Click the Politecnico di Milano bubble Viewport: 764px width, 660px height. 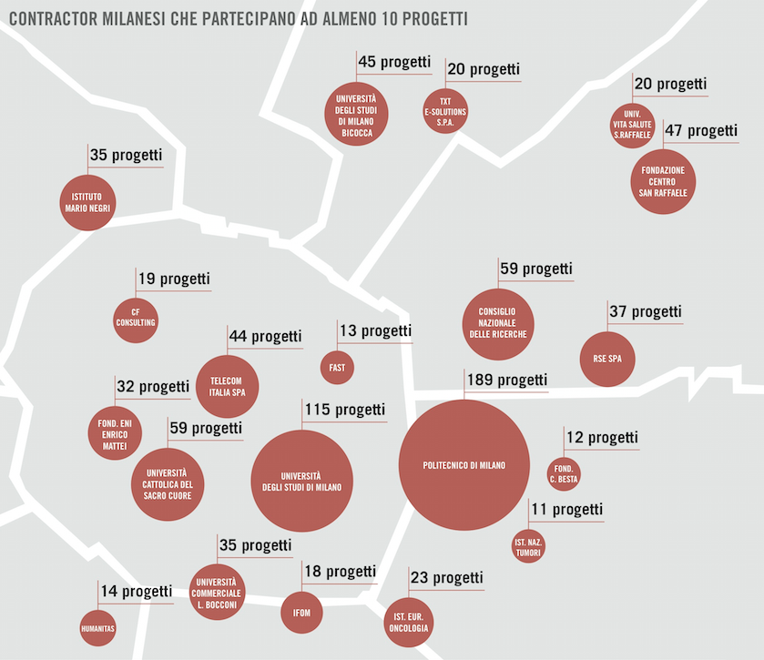pos(464,467)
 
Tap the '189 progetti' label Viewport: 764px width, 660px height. pos(506,380)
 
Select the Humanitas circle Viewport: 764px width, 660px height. pos(97,627)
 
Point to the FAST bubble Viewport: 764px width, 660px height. pos(337,367)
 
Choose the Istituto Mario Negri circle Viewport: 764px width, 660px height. pos(89,203)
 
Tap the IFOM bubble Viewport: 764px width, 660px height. pos(301,613)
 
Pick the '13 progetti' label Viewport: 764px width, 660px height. pos(375,330)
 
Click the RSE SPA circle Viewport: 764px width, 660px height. pos(607,358)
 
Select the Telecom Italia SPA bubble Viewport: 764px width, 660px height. pos(228,386)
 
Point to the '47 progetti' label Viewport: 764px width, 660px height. pos(701,130)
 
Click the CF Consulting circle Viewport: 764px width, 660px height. pos(137,317)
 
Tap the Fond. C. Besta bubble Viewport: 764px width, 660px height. pos(564,472)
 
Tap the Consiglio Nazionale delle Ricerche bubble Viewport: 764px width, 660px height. pos(498,322)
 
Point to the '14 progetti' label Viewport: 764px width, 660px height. pos(136,591)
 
